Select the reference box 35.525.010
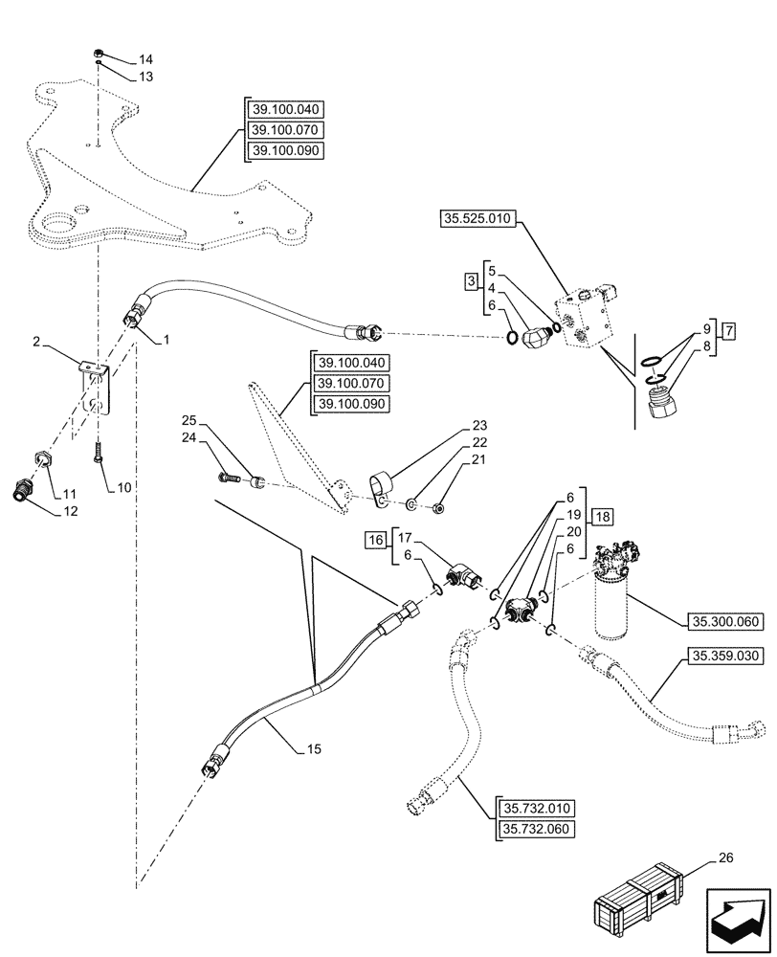478,219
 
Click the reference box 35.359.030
722,657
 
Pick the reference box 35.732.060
535,828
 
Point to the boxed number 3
471,281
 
